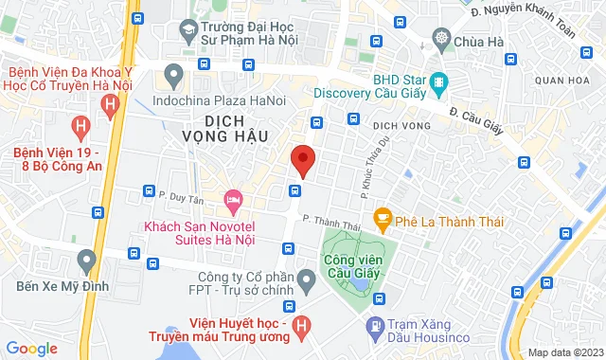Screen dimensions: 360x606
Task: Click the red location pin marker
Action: coord(302,159)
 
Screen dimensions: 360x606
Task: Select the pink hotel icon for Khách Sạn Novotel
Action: coord(232,200)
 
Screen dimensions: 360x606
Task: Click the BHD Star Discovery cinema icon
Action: coord(438,83)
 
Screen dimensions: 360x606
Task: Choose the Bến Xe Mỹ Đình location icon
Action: coord(87,258)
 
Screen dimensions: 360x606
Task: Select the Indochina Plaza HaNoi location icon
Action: coord(172,73)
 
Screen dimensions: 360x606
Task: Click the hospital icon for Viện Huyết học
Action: coord(301,327)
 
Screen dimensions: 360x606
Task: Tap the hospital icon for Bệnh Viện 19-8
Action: coord(81,125)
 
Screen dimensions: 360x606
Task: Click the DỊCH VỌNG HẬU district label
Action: coord(237,128)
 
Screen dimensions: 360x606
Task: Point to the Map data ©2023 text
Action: coord(564,352)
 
